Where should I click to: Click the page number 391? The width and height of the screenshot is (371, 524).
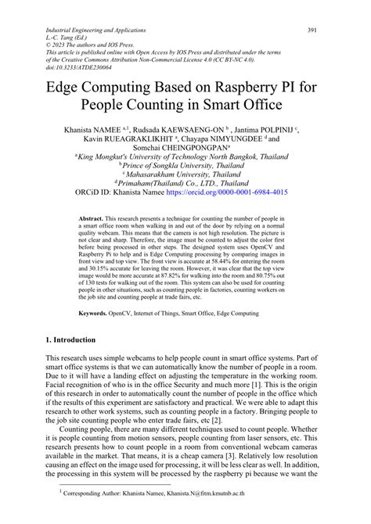[312, 30]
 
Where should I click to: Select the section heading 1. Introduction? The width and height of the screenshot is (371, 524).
[70, 340]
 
